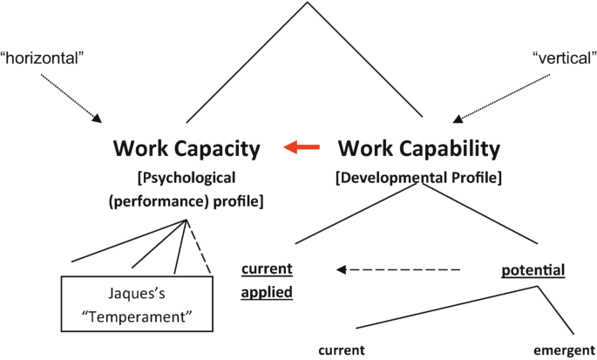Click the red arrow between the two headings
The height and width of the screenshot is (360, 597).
click(300, 148)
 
